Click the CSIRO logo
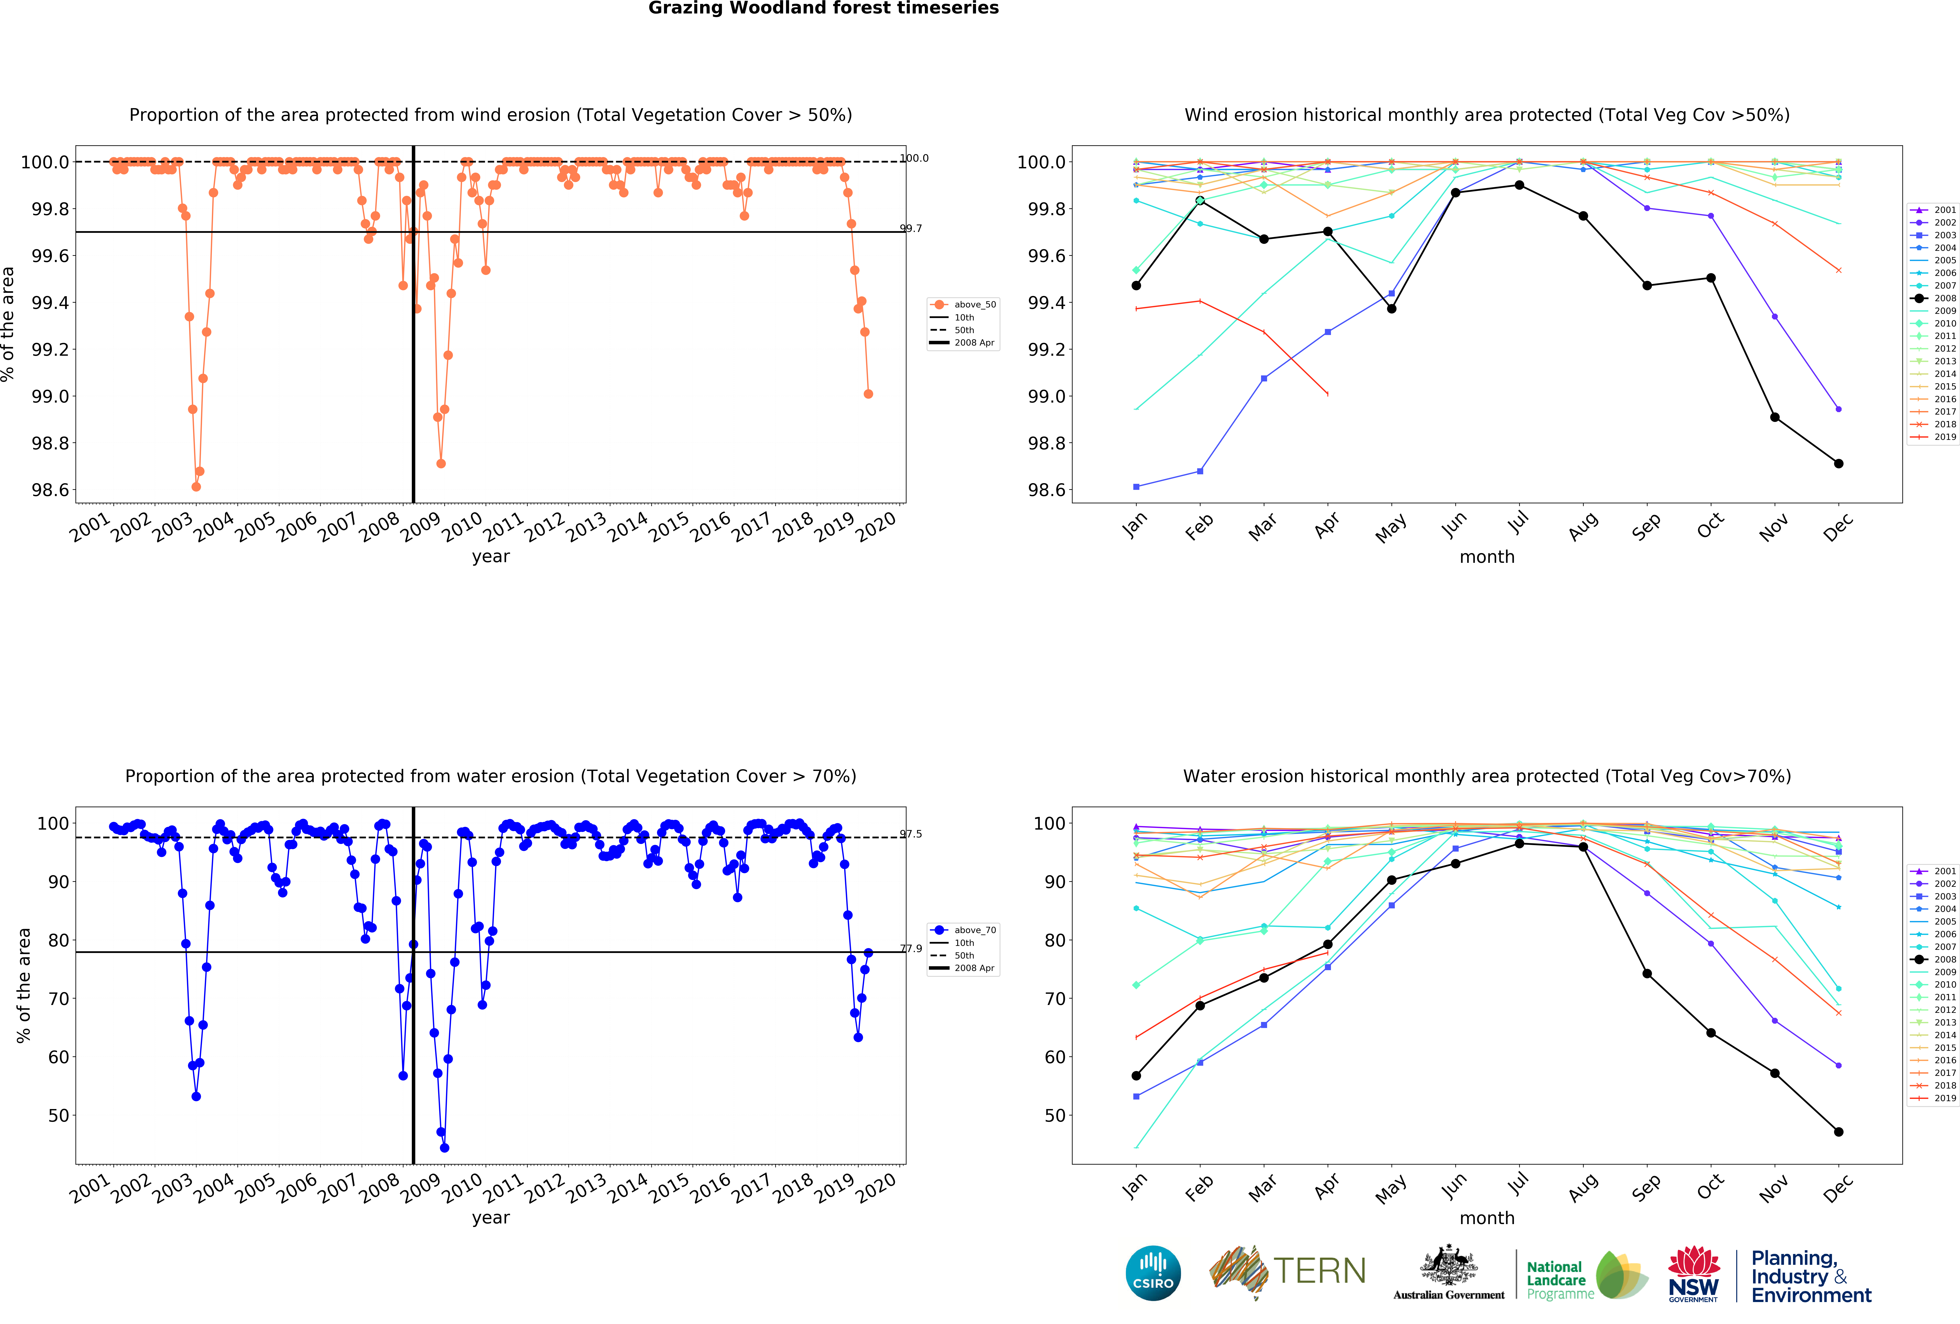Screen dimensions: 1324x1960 (x=1153, y=1273)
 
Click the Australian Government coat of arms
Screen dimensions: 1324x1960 (x=1448, y=1265)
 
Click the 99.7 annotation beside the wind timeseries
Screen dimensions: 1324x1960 (x=911, y=228)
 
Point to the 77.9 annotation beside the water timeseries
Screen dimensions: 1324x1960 (x=911, y=949)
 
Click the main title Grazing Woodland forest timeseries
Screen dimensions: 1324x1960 (x=823, y=8)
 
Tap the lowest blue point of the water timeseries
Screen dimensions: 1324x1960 (x=445, y=1148)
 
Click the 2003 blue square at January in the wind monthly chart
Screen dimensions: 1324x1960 (x=1136, y=487)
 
